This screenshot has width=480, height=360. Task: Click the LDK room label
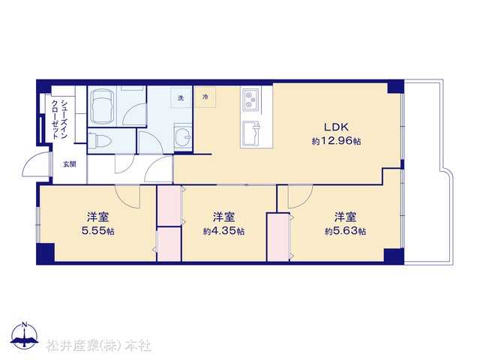click(336, 127)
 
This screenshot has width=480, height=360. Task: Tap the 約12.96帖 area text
click(336, 141)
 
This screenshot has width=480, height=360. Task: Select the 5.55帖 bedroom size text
click(98, 230)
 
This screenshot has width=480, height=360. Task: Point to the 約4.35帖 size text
click(223, 231)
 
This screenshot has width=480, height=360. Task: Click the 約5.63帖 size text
click(345, 231)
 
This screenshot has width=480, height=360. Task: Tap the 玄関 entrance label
click(70, 164)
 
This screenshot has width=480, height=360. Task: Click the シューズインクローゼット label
click(59, 119)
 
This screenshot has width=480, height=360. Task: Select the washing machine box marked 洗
click(181, 97)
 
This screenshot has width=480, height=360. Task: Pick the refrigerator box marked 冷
click(205, 97)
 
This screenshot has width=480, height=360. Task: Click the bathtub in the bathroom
click(103, 106)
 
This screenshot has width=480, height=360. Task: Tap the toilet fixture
click(100, 140)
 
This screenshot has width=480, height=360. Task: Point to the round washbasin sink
click(183, 137)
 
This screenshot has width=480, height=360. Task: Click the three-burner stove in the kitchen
click(251, 100)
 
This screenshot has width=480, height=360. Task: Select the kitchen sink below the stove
click(251, 133)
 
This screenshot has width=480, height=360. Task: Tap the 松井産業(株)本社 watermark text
click(99, 346)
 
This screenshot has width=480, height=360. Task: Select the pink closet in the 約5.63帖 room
click(278, 237)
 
